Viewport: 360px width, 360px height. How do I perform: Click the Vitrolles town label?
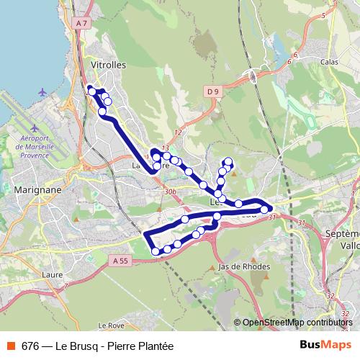109,64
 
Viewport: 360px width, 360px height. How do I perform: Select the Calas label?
329,62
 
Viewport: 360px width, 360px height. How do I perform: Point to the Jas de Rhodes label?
243,266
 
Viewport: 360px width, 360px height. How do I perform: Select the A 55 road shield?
119,260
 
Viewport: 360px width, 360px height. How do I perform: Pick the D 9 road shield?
211,91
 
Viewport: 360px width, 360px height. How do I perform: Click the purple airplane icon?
44,92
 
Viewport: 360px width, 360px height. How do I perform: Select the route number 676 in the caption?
30,346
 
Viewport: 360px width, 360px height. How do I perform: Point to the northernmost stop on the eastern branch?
228,161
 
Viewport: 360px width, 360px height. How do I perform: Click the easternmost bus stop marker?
265,210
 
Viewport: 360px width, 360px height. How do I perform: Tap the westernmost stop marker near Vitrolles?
91,91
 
